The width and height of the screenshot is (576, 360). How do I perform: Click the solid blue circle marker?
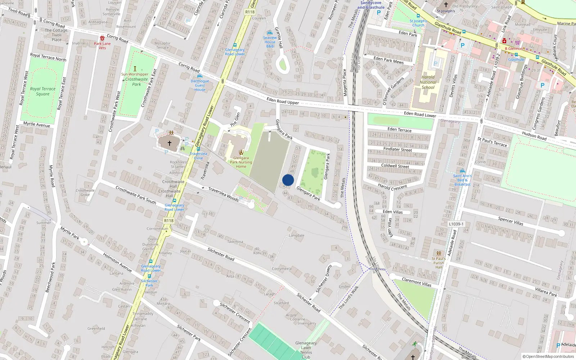[288, 180]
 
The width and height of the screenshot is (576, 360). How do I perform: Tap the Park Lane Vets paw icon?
[102, 38]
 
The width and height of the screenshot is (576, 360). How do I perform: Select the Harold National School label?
[428, 82]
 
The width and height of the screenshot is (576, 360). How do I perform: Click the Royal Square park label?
[43, 91]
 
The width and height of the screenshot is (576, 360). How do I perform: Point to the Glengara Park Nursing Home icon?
[241, 153]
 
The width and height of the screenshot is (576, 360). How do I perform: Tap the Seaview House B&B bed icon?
[270, 33]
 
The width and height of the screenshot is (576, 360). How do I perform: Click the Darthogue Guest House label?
[200, 85]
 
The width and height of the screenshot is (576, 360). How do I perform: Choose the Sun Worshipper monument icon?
[135, 69]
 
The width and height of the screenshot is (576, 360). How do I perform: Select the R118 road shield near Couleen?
[250, 12]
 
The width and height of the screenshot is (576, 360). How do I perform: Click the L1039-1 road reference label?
[456, 224]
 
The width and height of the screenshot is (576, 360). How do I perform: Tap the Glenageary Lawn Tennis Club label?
[306, 350]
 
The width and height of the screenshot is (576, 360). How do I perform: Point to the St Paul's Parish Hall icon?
[438, 253]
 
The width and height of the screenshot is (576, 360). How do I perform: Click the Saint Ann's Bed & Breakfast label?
[462, 180]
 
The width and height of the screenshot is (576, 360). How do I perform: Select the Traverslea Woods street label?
[223, 194]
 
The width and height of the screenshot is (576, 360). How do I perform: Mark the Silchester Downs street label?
[323, 279]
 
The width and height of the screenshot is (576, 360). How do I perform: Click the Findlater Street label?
[397, 149]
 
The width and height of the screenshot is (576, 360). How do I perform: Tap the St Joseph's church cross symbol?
[446, 5]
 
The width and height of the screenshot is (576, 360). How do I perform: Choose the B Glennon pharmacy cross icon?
[504, 41]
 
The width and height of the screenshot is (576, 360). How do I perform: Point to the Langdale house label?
[297, 235]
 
